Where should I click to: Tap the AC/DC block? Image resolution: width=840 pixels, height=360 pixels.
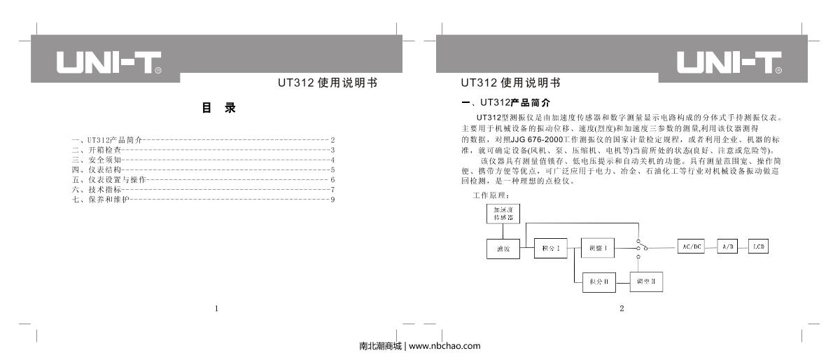(689, 247)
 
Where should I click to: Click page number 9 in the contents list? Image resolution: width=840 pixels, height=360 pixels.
(334, 200)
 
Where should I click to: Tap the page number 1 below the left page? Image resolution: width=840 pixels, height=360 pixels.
(217, 307)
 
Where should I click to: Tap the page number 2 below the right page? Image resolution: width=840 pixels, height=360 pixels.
(622, 307)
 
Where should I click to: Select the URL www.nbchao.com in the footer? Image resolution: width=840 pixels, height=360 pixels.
(444, 346)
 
